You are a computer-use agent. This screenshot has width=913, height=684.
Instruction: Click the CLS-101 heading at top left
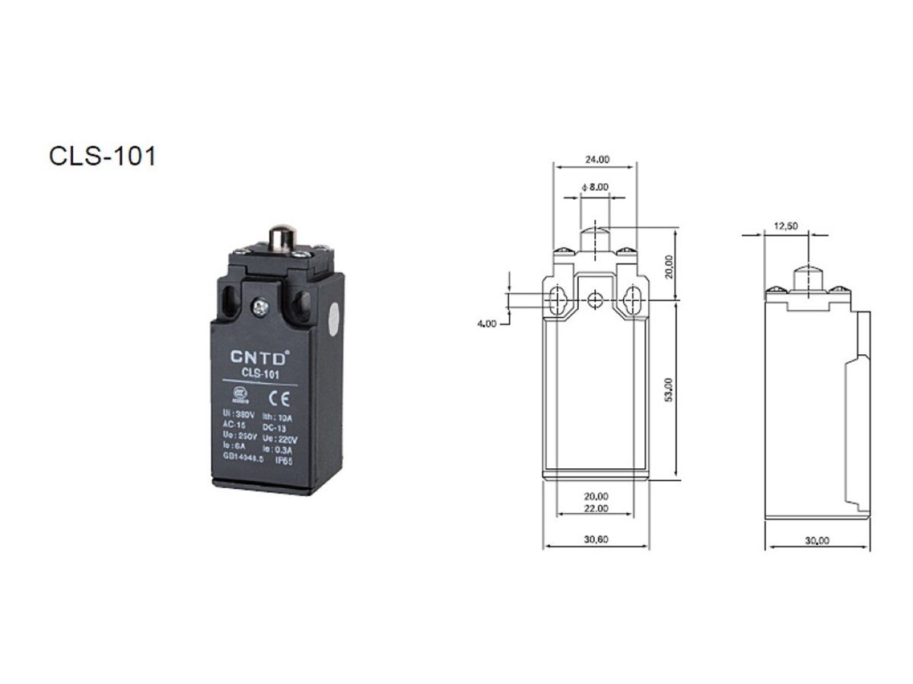point(103,156)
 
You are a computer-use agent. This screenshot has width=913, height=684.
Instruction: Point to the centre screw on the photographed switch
point(261,306)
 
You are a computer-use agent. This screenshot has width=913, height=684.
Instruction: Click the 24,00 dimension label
point(596,160)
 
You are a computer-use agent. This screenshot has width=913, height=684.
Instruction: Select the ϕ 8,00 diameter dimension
point(594,187)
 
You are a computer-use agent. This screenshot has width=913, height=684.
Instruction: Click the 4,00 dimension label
point(487,323)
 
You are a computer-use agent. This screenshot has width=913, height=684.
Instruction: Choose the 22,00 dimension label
point(596,508)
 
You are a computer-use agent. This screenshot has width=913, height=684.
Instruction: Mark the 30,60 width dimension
point(596,540)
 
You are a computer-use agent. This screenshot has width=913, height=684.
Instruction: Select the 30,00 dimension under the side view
point(816,540)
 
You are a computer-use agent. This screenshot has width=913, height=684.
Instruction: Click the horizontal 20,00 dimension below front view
point(596,496)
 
